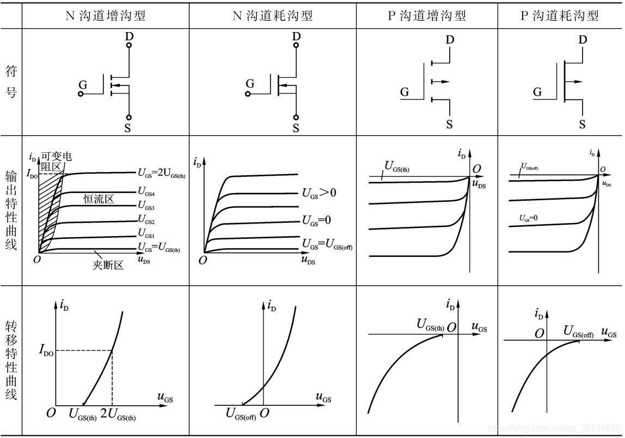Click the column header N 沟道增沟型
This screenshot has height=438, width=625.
coord(105,16)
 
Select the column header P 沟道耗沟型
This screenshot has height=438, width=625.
coord(560,16)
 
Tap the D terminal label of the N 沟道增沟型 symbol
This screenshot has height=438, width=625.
coord(129,35)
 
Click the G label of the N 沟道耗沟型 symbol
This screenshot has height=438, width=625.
coord(250,84)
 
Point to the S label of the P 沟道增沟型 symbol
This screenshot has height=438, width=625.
coord(449,124)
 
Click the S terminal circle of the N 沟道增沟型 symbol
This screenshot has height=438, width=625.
coord(129,118)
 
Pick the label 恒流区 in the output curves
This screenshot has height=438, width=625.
coord(99,199)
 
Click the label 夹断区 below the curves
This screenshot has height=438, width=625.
coord(108,266)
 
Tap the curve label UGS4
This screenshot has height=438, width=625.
coord(146,192)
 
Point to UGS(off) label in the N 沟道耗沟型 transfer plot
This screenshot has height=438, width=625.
coord(241,415)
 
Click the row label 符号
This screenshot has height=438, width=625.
coord(11,81)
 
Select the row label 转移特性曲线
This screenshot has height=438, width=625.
coord(11,360)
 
